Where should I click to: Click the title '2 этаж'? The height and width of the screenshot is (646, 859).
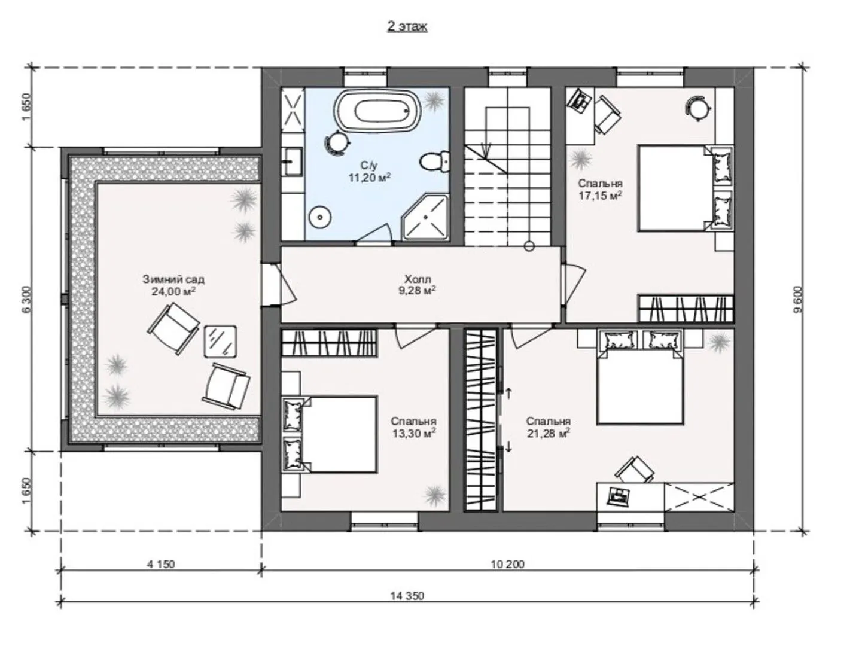click(407, 26)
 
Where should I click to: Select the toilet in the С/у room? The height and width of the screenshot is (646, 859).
click(434, 160)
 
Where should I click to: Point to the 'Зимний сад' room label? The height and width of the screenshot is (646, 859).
click(173, 279)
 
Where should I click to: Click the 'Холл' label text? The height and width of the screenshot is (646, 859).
click(418, 279)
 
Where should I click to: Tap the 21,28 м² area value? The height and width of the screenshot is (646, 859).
click(549, 433)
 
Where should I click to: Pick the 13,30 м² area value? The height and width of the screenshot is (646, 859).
click(414, 433)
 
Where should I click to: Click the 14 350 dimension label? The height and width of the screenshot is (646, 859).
click(407, 596)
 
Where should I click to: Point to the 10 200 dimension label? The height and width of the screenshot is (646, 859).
click(507, 564)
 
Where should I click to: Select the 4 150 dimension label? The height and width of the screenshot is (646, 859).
click(161, 564)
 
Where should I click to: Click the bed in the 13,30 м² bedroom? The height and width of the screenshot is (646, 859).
click(330, 434)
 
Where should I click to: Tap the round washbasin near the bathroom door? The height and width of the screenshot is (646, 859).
click(321, 217)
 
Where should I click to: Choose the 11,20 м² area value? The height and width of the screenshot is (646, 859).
click(370, 178)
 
